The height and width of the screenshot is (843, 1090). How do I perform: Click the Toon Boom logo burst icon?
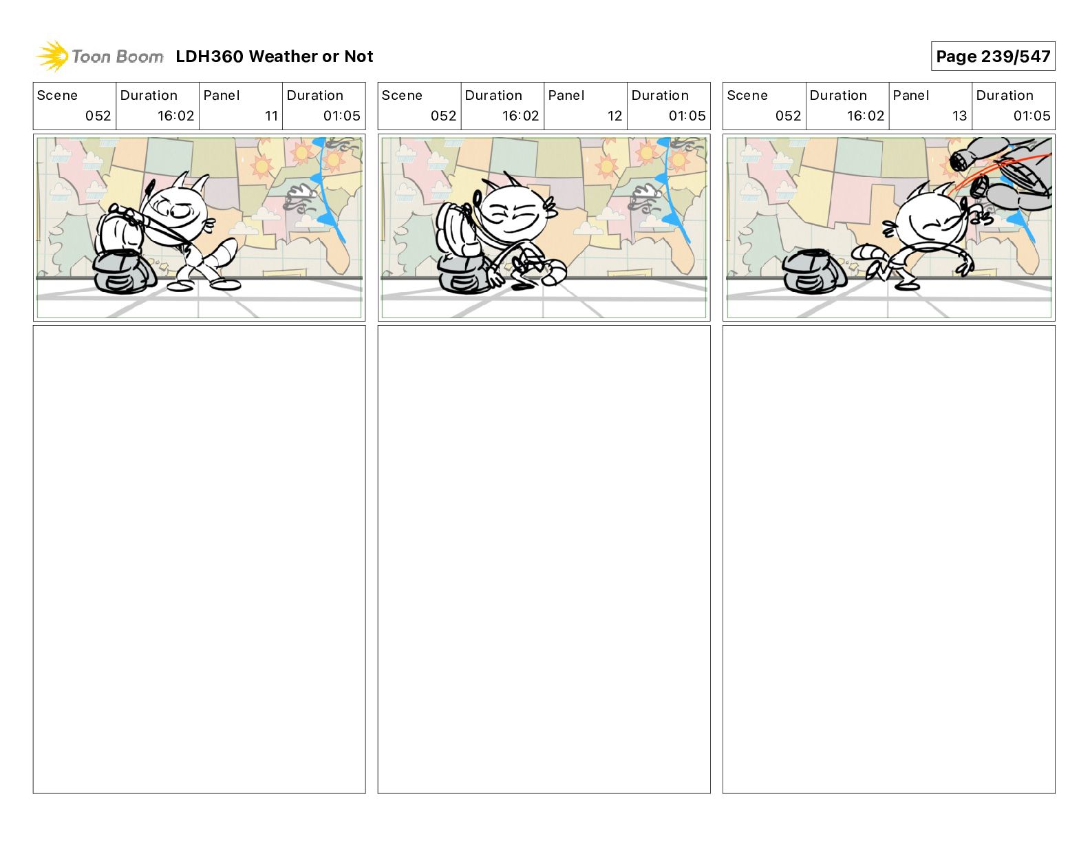tap(52, 56)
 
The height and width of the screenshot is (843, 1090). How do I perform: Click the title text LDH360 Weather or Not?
tap(275, 56)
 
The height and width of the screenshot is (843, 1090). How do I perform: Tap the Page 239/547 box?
tap(993, 56)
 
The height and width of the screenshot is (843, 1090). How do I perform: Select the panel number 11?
tap(271, 116)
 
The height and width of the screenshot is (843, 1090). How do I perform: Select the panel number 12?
tap(615, 116)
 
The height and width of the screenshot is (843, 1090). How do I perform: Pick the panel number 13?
tap(959, 116)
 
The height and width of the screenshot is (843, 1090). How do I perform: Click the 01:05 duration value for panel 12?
tap(687, 116)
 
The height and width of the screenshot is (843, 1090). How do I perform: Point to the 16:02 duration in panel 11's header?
tap(175, 116)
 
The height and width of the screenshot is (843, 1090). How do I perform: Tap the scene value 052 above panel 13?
tap(788, 116)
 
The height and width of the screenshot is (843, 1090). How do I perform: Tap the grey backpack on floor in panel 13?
tap(813, 272)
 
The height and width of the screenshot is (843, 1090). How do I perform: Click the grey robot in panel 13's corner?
tap(1003, 174)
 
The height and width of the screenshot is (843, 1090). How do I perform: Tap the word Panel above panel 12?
tap(566, 96)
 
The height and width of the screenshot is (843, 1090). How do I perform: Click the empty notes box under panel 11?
tap(199, 559)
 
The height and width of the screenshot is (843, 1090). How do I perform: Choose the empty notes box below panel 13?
tap(889, 559)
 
